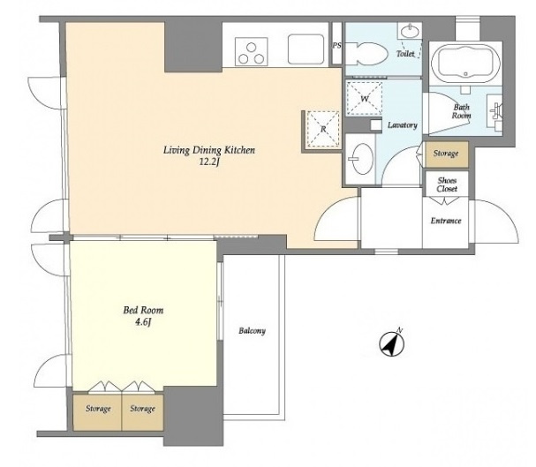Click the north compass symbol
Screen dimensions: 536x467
pos(392,343)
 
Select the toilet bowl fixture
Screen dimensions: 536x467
pos(366,54)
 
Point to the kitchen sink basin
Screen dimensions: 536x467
pos(306,49)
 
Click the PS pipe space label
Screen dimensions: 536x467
pos(337,45)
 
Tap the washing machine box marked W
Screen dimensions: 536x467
pos(365,99)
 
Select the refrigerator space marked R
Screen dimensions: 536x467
pos(323,130)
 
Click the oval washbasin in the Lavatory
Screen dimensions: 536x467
pos(362,159)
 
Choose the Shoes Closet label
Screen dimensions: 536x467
pos(447,185)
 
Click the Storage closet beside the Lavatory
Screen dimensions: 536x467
pos(446,154)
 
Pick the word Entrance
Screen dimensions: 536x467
pos(446,221)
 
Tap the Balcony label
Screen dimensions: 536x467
pos(252,331)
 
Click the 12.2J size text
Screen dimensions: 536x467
pos(209,162)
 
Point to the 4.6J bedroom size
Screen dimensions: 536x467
pos(143,322)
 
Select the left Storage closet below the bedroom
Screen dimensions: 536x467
pos(97,412)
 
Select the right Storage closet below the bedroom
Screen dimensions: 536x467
pos(142,412)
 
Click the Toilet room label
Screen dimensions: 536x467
pos(405,54)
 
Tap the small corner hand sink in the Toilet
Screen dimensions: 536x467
pos(410,32)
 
